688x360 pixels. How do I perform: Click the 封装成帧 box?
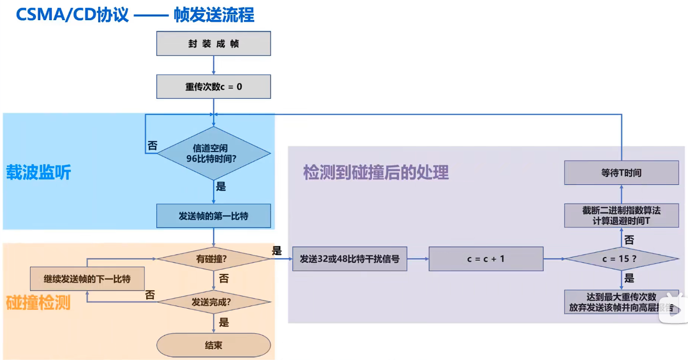point(214,44)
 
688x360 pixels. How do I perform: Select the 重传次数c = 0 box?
point(214,87)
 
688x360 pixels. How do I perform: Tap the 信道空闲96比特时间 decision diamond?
point(214,153)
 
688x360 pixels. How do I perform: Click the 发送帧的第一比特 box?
point(214,216)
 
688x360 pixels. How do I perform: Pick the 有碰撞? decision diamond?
point(214,259)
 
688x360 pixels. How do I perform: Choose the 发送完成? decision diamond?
point(214,302)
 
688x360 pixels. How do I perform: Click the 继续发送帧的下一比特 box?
point(87,279)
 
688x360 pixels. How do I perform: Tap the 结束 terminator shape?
point(214,345)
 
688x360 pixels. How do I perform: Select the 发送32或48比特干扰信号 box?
point(350,259)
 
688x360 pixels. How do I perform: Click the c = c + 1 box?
point(486,259)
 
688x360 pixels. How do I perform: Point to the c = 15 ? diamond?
point(622,259)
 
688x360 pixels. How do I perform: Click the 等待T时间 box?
point(622,173)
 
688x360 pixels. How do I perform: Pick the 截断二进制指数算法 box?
point(622,216)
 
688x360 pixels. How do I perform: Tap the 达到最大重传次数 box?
point(622,302)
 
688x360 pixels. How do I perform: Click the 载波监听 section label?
point(39,173)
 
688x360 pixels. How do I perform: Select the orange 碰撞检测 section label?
point(39,303)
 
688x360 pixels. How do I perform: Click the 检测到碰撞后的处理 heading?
point(376,173)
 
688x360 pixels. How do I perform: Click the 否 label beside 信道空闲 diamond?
point(152,146)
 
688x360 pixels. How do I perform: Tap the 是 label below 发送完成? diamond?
point(224,322)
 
